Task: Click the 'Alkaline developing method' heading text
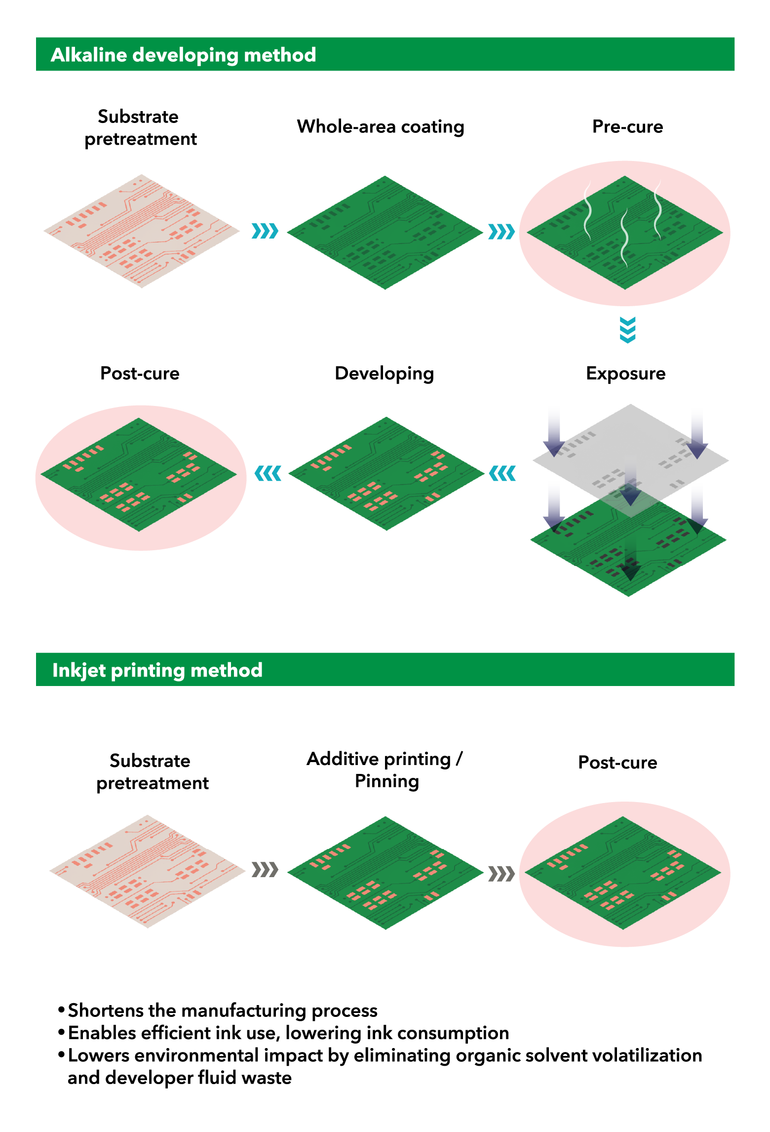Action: [x=183, y=55]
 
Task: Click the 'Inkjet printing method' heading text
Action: [x=157, y=670]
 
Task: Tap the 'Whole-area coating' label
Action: [x=381, y=127]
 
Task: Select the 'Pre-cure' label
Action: [x=627, y=127]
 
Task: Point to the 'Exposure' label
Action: [x=625, y=373]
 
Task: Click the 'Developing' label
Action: [x=384, y=373]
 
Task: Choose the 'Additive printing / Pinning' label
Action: [x=385, y=769]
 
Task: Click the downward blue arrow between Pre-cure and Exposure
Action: [x=627, y=330]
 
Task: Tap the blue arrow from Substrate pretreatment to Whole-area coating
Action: [x=265, y=231]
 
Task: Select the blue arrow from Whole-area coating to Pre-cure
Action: [x=501, y=231]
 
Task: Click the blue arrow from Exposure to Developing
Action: [x=502, y=473]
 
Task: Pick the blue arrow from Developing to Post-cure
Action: [x=268, y=473]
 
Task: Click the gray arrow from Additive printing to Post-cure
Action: [x=501, y=873]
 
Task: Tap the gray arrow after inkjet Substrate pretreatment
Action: [x=265, y=869]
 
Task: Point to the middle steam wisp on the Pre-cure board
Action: [x=624, y=237]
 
